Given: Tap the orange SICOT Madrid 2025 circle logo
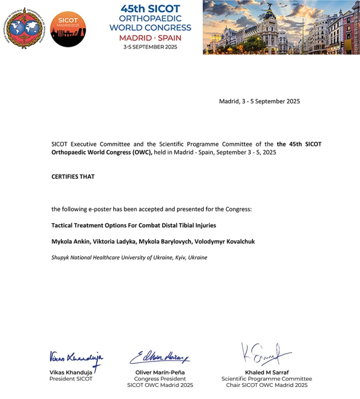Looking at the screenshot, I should pyautogui.click(x=68, y=29).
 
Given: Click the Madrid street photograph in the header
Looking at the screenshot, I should pyautogui.click(x=281, y=27).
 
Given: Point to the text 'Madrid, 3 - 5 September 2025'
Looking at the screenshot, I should pyautogui.click(x=259, y=101).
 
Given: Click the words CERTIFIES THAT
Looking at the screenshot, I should pyautogui.click(x=73, y=177).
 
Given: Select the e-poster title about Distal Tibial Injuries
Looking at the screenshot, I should pyautogui.click(x=134, y=225).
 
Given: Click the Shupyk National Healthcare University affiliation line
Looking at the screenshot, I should pyautogui.click(x=129, y=257).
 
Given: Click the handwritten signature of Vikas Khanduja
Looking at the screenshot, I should pyautogui.click(x=76, y=358).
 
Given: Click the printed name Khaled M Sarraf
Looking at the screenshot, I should pyautogui.click(x=267, y=373).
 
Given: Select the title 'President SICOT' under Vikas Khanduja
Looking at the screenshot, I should pyautogui.click(x=71, y=379).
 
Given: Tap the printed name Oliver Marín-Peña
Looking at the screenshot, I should pyautogui.click(x=160, y=373).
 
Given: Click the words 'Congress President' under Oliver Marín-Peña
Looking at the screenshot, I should pyautogui.click(x=160, y=379).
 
